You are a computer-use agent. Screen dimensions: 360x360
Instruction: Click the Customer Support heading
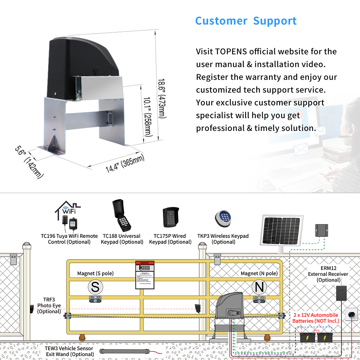[x=246, y=21]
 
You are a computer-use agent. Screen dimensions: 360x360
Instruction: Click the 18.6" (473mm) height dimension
[x=162, y=98]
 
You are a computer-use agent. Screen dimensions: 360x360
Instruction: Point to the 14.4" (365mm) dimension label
[x=125, y=164]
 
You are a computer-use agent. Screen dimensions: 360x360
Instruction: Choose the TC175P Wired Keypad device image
[x=171, y=217]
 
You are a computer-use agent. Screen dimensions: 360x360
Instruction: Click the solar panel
[x=281, y=230]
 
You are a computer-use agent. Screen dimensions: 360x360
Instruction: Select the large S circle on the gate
[x=95, y=287]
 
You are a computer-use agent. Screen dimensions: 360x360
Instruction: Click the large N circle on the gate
[x=259, y=287]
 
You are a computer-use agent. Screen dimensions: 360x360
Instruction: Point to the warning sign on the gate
[x=145, y=275]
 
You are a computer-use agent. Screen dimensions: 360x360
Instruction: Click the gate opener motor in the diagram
[x=229, y=306]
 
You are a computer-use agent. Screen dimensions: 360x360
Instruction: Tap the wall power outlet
[x=351, y=315]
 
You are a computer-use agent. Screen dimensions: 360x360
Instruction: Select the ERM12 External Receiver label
[x=328, y=274]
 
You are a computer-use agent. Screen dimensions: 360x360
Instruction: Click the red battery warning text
[x=315, y=318]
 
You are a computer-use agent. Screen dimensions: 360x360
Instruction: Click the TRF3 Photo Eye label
[x=49, y=305]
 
